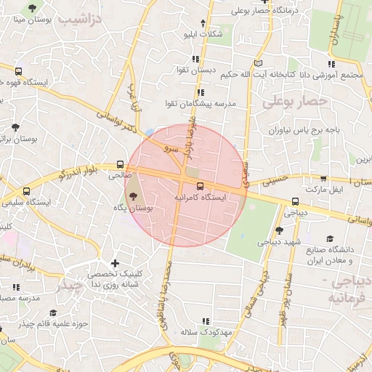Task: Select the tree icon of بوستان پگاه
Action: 132,195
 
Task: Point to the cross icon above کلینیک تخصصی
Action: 114,263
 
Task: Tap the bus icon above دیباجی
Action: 295,202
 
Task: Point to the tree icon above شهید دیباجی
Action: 280,230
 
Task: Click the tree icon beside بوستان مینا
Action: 31,7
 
